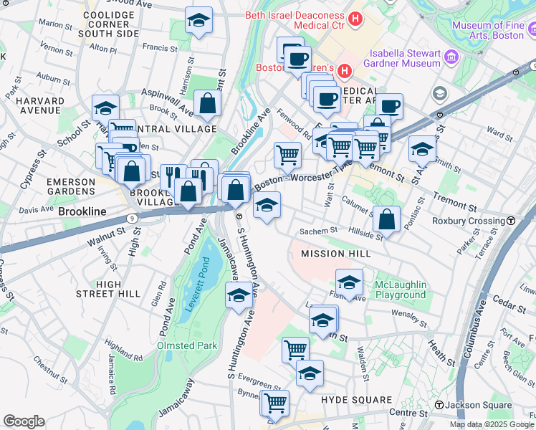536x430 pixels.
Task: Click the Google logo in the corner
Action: [x=24, y=421]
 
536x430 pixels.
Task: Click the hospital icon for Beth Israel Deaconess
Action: [x=354, y=16]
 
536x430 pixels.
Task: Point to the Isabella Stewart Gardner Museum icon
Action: [x=451, y=57]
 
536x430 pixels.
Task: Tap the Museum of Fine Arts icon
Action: [x=531, y=31]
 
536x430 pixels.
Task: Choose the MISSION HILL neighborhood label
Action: [x=335, y=254]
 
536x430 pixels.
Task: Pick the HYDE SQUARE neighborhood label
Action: [x=356, y=400]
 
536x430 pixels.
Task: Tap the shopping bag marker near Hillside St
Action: [x=386, y=221]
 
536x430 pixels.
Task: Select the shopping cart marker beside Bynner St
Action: [x=274, y=403]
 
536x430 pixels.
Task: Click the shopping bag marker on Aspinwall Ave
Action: [x=207, y=104]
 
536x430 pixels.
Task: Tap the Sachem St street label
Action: [x=318, y=231]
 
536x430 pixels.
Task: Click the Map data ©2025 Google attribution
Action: [x=492, y=424]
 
